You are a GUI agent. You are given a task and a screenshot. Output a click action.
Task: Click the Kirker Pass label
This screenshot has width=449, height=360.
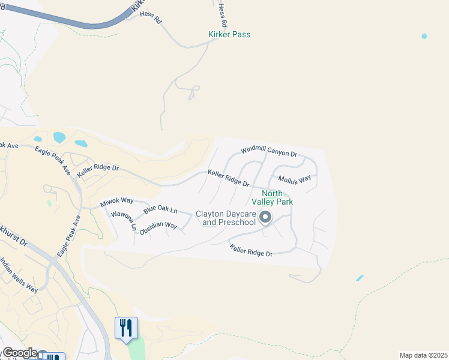pos(229,34)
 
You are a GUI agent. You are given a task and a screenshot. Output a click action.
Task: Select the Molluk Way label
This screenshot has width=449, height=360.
pos(294,179)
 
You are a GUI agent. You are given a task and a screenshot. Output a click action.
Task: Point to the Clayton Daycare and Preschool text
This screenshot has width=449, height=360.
pos(226,218)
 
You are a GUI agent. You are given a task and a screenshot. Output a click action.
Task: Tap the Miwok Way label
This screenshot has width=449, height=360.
pos(116,202)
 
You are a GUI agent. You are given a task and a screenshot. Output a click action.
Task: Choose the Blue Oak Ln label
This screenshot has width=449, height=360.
pos(160,210)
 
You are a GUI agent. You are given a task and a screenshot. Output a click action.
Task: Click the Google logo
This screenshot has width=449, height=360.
pos(19,353)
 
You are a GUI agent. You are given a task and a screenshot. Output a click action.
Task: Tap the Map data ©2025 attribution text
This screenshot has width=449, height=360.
pos(423,355)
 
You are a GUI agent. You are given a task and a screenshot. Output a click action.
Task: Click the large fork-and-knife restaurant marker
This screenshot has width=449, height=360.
pos(126,328)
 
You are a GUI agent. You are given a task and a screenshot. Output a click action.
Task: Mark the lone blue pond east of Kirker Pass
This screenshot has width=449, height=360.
pos(424,36)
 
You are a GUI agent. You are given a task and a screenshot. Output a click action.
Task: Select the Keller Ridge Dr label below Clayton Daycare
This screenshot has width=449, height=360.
pos(251,250)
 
